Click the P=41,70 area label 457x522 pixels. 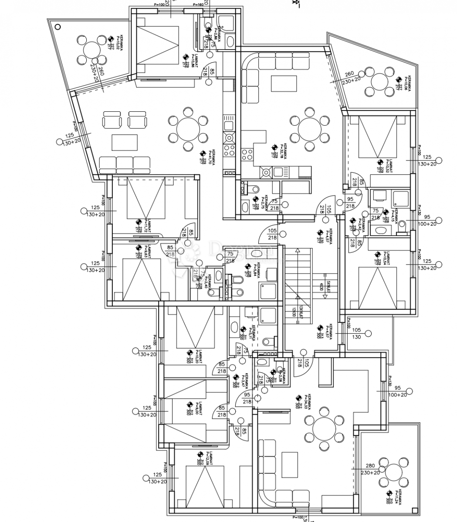211,157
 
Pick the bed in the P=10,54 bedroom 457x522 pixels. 377,287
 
